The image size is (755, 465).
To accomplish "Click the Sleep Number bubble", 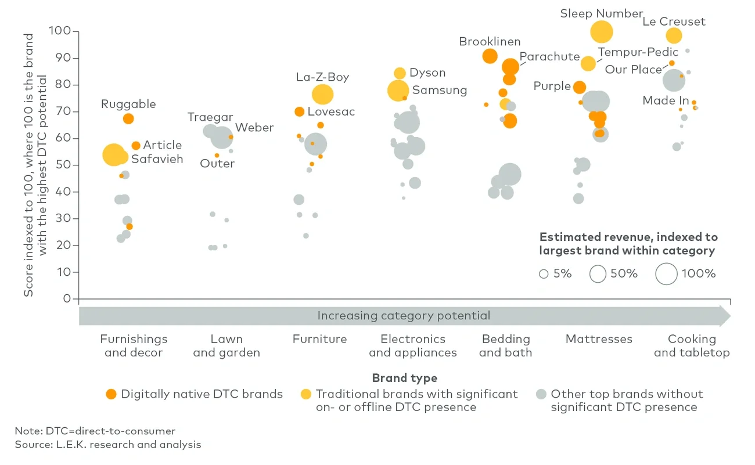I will click(x=602, y=31).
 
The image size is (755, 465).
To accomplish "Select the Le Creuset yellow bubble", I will click(x=673, y=35).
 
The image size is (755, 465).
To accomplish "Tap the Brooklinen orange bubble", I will click(x=490, y=56).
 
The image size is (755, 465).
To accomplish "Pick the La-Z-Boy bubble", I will click(x=322, y=94).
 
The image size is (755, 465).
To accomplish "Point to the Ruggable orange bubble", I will click(x=128, y=118).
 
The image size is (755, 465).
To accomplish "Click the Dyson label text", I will click(x=427, y=73).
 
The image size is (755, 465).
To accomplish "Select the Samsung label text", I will click(x=439, y=90).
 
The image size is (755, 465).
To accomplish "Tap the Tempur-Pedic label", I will click(x=638, y=52).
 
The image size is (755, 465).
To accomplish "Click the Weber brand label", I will click(x=254, y=128).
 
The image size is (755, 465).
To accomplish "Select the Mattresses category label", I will click(x=599, y=339).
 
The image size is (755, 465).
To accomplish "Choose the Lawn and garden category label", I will click(x=227, y=345).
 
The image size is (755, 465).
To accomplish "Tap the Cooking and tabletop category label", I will click(x=692, y=345).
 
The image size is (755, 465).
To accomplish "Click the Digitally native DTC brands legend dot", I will click(x=111, y=394).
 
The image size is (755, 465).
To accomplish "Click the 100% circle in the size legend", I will click(x=666, y=273).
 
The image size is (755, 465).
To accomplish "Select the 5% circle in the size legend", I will click(x=544, y=274).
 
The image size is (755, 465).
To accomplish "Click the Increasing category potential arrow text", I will click(x=404, y=316).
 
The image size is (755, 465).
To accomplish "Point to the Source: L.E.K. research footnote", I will click(x=108, y=445).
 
